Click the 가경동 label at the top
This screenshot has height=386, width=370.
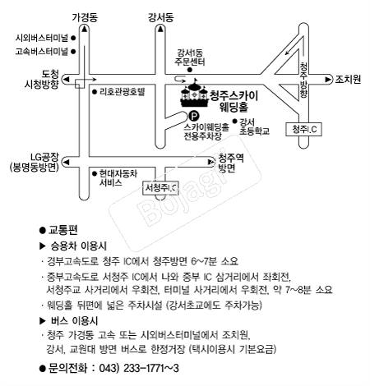point(85,17)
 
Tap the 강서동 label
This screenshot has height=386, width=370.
point(161,17)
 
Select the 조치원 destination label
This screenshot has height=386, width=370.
point(348,80)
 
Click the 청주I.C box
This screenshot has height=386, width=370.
point(303,129)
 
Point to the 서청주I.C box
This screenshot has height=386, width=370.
point(160,188)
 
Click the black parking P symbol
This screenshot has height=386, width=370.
point(194,116)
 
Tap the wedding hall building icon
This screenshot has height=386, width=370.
point(194,93)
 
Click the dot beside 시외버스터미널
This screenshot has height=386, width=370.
point(73,38)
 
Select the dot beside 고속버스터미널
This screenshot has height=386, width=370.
point(73,51)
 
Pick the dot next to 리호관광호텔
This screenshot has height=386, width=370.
point(95,92)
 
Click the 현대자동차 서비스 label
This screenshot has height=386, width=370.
point(118,178)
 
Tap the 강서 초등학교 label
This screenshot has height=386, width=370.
point(254,126)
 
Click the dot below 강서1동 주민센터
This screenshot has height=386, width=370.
point(190,70)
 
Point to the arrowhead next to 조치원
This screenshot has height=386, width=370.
point(328,80)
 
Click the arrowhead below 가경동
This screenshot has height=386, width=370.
point(85,29)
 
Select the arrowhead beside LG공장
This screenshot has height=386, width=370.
point(66,163)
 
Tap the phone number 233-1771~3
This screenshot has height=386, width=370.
point(151,368)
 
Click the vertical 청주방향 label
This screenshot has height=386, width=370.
point(303,80)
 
